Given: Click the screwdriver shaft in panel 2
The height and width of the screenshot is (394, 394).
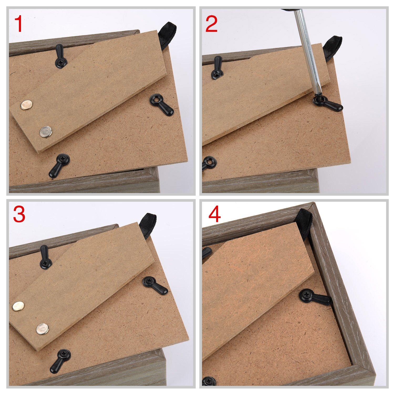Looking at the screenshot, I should pyautogui.click(x=306, y=53).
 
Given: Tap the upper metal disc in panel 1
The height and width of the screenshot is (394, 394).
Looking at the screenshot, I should pyautogui.click(x=26, y=105).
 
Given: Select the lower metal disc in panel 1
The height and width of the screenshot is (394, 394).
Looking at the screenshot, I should pyautogui.click(x=46, y=131).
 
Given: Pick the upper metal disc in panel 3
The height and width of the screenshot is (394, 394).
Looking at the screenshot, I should pyautogui.click(x=18, y=306).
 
